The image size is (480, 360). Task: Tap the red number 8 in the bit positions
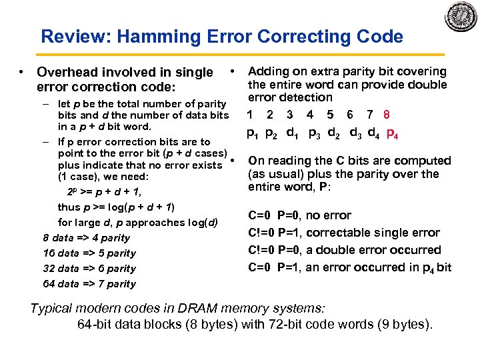396,114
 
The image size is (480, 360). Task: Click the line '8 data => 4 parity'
87,237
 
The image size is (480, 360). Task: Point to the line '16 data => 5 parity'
89,253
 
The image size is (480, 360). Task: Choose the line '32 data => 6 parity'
89,268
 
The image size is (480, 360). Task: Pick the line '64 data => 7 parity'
89,283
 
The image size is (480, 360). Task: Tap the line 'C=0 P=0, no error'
299,215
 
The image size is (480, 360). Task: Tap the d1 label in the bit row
291,132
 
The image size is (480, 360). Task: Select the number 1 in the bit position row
249,114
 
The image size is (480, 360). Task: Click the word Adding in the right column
268,71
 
